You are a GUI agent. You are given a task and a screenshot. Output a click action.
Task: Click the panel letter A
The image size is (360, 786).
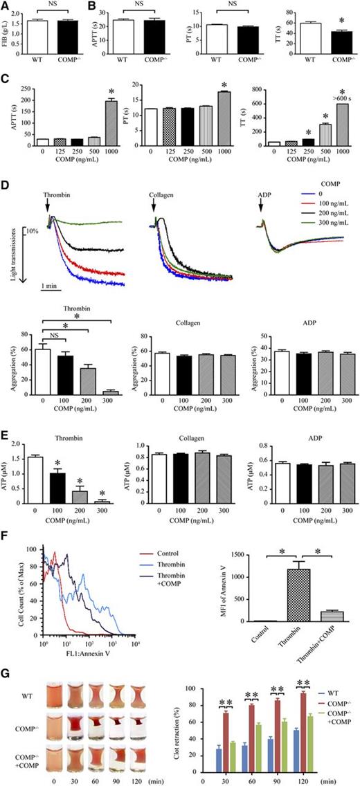pyautogui.click(x=6, y=6)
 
